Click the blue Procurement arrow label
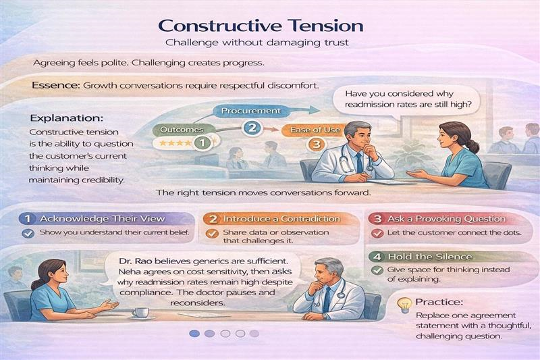pos(250,110)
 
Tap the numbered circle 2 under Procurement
pos(251,127)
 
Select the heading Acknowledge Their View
pos(101,219)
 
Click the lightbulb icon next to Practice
pos(404,305)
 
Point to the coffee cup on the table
pos(140,311)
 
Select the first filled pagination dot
pos(194,333)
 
